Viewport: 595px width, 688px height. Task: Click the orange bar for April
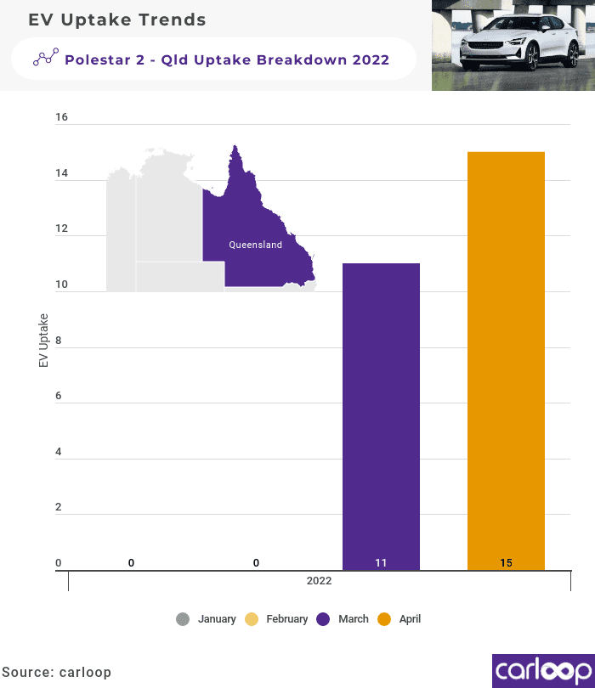(x=506, y=357)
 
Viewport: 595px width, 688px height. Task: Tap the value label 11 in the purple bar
(x=381, y=563)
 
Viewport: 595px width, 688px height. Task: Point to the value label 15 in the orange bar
(x=506, y=563)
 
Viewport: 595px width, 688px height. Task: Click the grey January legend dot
(x=183, y=619)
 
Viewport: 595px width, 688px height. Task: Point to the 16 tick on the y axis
(x=61, y=118)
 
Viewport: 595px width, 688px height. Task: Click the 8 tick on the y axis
(x=59, y=340)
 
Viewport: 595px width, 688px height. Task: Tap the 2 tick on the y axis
(x=59, y=507)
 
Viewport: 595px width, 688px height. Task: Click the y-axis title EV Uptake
(x=43, y=341)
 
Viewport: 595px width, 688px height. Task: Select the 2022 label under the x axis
(x=320, y=582)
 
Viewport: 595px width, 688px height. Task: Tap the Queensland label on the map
(x=255, y=245)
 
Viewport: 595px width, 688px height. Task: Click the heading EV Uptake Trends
(x=117, y=20)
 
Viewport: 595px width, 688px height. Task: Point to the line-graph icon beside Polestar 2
(x=46, y=58)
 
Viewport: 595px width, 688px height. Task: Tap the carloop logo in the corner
(x=543, y=670)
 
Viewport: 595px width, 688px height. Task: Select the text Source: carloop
(x=56, y=672)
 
